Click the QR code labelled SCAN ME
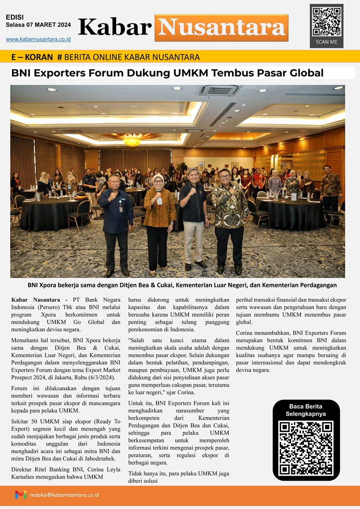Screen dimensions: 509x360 [x=326, y=21]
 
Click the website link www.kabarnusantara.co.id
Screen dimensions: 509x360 [x=38, y=39]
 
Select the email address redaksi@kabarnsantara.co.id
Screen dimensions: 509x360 [x=64, y=495]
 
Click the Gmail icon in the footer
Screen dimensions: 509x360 [x=21, y=495]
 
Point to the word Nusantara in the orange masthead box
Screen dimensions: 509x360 [x=222, y=28]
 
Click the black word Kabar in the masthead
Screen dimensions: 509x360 [x=115, y=28]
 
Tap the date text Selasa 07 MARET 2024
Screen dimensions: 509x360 [x=38, y=25]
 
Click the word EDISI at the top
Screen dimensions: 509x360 [x=15, y=17]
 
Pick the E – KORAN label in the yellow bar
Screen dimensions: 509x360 [x=32, y=57]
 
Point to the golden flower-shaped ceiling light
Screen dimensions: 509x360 [x=132, y=140]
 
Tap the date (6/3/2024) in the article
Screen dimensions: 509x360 [x=101, y=377]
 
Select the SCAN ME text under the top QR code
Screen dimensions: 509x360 [x=326, y=42]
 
